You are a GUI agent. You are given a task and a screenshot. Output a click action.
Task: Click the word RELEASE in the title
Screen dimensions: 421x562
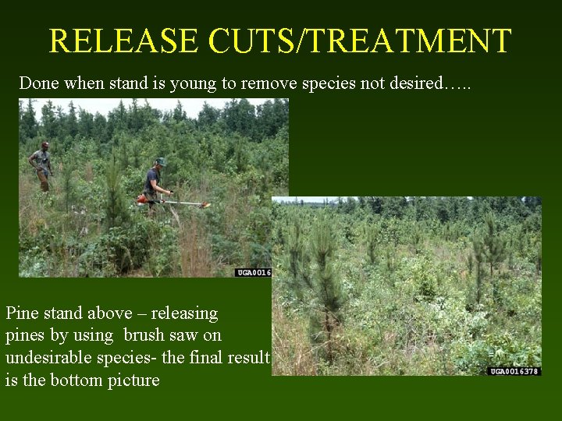coord(124,41)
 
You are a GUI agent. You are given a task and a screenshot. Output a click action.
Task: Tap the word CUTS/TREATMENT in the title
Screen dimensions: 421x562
coord(360,41)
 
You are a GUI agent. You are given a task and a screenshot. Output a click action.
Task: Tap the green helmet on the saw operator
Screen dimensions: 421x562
coord(160,161)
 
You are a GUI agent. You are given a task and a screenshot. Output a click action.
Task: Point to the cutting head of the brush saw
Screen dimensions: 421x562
coord(205,205)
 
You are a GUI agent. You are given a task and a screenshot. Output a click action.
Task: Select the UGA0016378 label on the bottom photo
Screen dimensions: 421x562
coord(514,371)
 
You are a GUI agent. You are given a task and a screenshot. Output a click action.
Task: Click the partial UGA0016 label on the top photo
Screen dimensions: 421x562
coord(253,272)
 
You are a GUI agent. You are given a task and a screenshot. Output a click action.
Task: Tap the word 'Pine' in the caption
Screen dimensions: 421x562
coord(23,313)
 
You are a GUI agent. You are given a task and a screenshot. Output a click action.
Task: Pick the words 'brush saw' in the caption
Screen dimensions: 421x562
coord(173,336)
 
